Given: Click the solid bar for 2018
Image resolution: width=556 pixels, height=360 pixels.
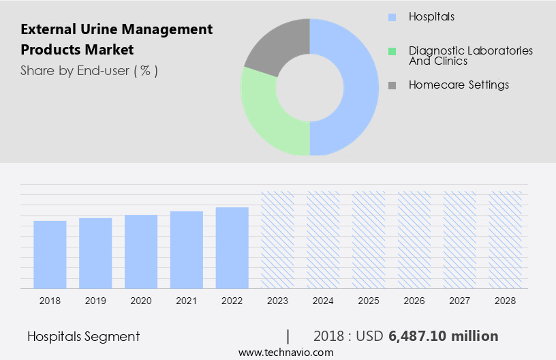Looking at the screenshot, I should [x=50, y=254].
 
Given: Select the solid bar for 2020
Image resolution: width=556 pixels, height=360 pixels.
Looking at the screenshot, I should [x=141, y=252].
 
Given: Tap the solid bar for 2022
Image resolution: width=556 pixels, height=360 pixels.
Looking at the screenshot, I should [x=232, y=247].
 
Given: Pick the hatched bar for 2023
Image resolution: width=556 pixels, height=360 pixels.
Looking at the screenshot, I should [x=278, y=239].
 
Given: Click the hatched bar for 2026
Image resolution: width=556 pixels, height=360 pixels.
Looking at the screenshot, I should [x=414, y=239].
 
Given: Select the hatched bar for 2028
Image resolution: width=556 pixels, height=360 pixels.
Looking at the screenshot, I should [x=506, y=239].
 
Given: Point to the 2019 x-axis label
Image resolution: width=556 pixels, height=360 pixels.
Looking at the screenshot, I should [x=95, y=300].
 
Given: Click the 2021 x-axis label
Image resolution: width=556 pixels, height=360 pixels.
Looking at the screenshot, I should [x=187, y=300].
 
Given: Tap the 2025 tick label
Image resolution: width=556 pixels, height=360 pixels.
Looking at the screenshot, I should [x=369, y=300].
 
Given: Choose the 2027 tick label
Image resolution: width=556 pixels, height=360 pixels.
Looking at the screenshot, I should [x=460, y=300].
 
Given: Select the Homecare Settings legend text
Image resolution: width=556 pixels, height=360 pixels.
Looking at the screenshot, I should [x=459, y=85].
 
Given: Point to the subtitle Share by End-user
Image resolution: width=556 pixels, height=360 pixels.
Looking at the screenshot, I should [x=89, y=70].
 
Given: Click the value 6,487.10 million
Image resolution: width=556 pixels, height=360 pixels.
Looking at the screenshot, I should [x=443, y=336].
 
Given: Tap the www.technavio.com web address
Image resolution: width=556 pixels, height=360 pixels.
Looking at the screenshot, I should [x=285, y=352].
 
